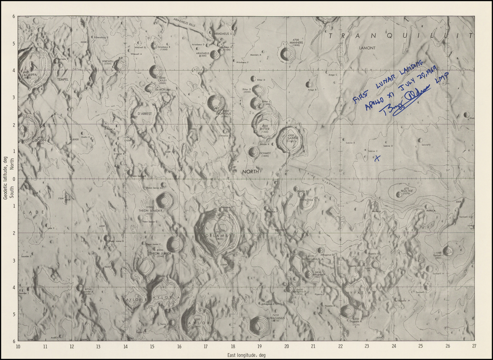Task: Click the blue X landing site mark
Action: pos(377,157)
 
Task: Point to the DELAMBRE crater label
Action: pos(220,236)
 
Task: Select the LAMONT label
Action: pos(367,48)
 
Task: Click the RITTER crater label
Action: pos(265,129)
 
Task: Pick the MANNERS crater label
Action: pos(296,42)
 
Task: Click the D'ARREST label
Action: pos(145,114)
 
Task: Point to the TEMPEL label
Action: pos(63,79)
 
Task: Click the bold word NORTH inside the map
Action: pos(250,172)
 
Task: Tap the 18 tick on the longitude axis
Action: pos(233,346)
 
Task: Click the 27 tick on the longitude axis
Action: pos(474,346)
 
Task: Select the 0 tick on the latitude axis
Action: pos(13,179)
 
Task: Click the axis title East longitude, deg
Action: pos(246,355)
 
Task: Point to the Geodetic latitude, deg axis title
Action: pos(5,178)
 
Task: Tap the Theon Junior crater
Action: pos(175,244)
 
